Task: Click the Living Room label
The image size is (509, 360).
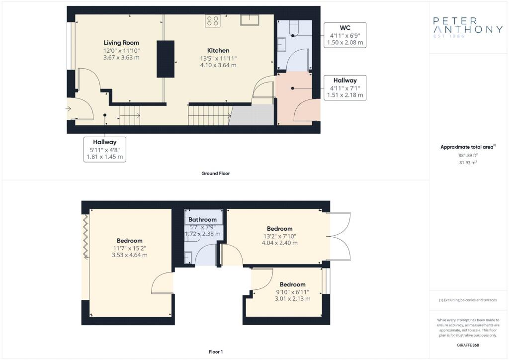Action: (x=121, y=43)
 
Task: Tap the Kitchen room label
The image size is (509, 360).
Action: (x=218, y=50)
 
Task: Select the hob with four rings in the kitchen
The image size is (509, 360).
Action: (x=213, y=21)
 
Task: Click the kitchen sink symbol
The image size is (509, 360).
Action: (x=250, y=20)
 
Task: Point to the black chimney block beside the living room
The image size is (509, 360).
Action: (x=166, y=59)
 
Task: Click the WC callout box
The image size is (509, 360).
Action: (x=345, y=35)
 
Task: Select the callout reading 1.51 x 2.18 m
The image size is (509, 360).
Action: (x=345, y=88)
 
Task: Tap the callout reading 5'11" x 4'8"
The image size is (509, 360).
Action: (x=105, y=149)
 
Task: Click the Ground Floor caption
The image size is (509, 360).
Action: (x=216, y=174)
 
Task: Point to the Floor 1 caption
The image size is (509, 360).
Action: (x=216, y=352)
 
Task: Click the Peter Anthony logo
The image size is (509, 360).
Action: (x=468, y=27)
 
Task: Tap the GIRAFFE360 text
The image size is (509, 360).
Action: (x=468, y=345)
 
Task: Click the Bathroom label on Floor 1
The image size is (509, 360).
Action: (x=203, y=219)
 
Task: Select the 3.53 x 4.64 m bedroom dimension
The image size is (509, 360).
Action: (x=130, y=255)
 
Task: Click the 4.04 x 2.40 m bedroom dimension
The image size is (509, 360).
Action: (x=279, y=243)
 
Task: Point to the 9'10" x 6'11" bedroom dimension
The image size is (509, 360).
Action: (x=292, y=292)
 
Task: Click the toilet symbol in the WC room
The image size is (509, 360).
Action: (x=293, y=28)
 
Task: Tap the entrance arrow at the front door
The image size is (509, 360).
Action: (x=69, y=109)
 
